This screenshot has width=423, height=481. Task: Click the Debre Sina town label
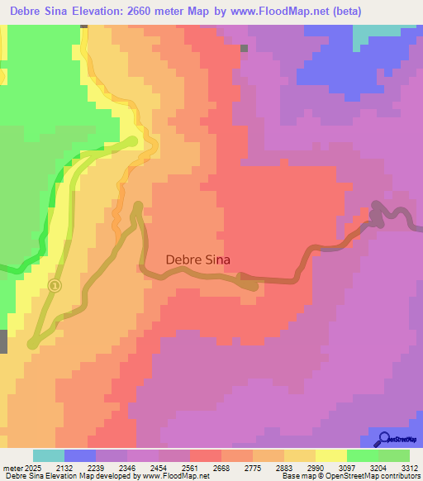[198, 259]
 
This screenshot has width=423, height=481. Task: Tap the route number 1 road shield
[55, 286]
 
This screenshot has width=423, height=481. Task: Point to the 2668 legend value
[221, 469]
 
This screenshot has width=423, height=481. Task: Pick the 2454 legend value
[158, 469]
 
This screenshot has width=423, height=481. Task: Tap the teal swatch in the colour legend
[49, 455]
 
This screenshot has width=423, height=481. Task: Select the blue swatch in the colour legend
[80, 455]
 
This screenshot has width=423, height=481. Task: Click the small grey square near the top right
[244, 48]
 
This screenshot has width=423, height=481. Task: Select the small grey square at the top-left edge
[83, 26]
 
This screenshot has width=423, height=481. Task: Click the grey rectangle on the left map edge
[3, 341]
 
